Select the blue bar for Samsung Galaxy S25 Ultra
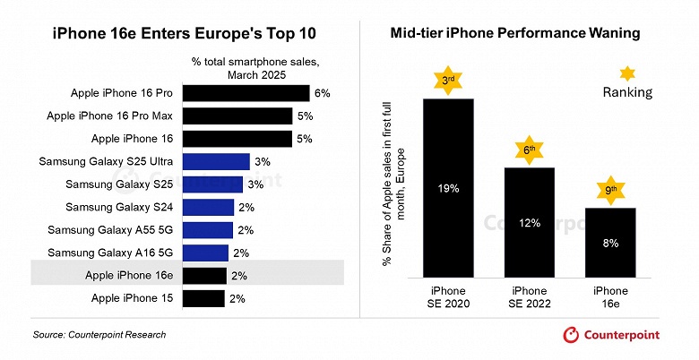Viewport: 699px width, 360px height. pyautogui.click(x=215, y=162)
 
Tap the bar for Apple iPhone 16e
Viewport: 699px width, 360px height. pyautogui.click(x=204, y=276)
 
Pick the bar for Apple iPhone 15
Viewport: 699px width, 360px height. pyautogui.click(x=204, y=298)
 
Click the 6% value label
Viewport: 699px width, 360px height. pyautogui.click(x=323, y=93)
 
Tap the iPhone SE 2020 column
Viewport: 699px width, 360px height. pyautogui.click(x=448, y=188)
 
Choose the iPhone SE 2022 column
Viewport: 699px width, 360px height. pyautogui.click(x=530, y=222)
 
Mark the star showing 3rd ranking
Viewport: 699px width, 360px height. pyautogui.click(x=448, y=81)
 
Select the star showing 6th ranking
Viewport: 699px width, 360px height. pyautogui.click(x=531, y=150)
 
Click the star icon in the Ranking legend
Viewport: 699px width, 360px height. pyautogui.click(x=627, y=73)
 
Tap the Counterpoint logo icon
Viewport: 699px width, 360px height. pyautogui.click(x=571, y=334)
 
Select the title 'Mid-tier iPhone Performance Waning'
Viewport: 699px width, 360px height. pyautogui.click(x=514, y=33)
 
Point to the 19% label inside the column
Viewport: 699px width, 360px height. pyautogui.click(x=448, y=189)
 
